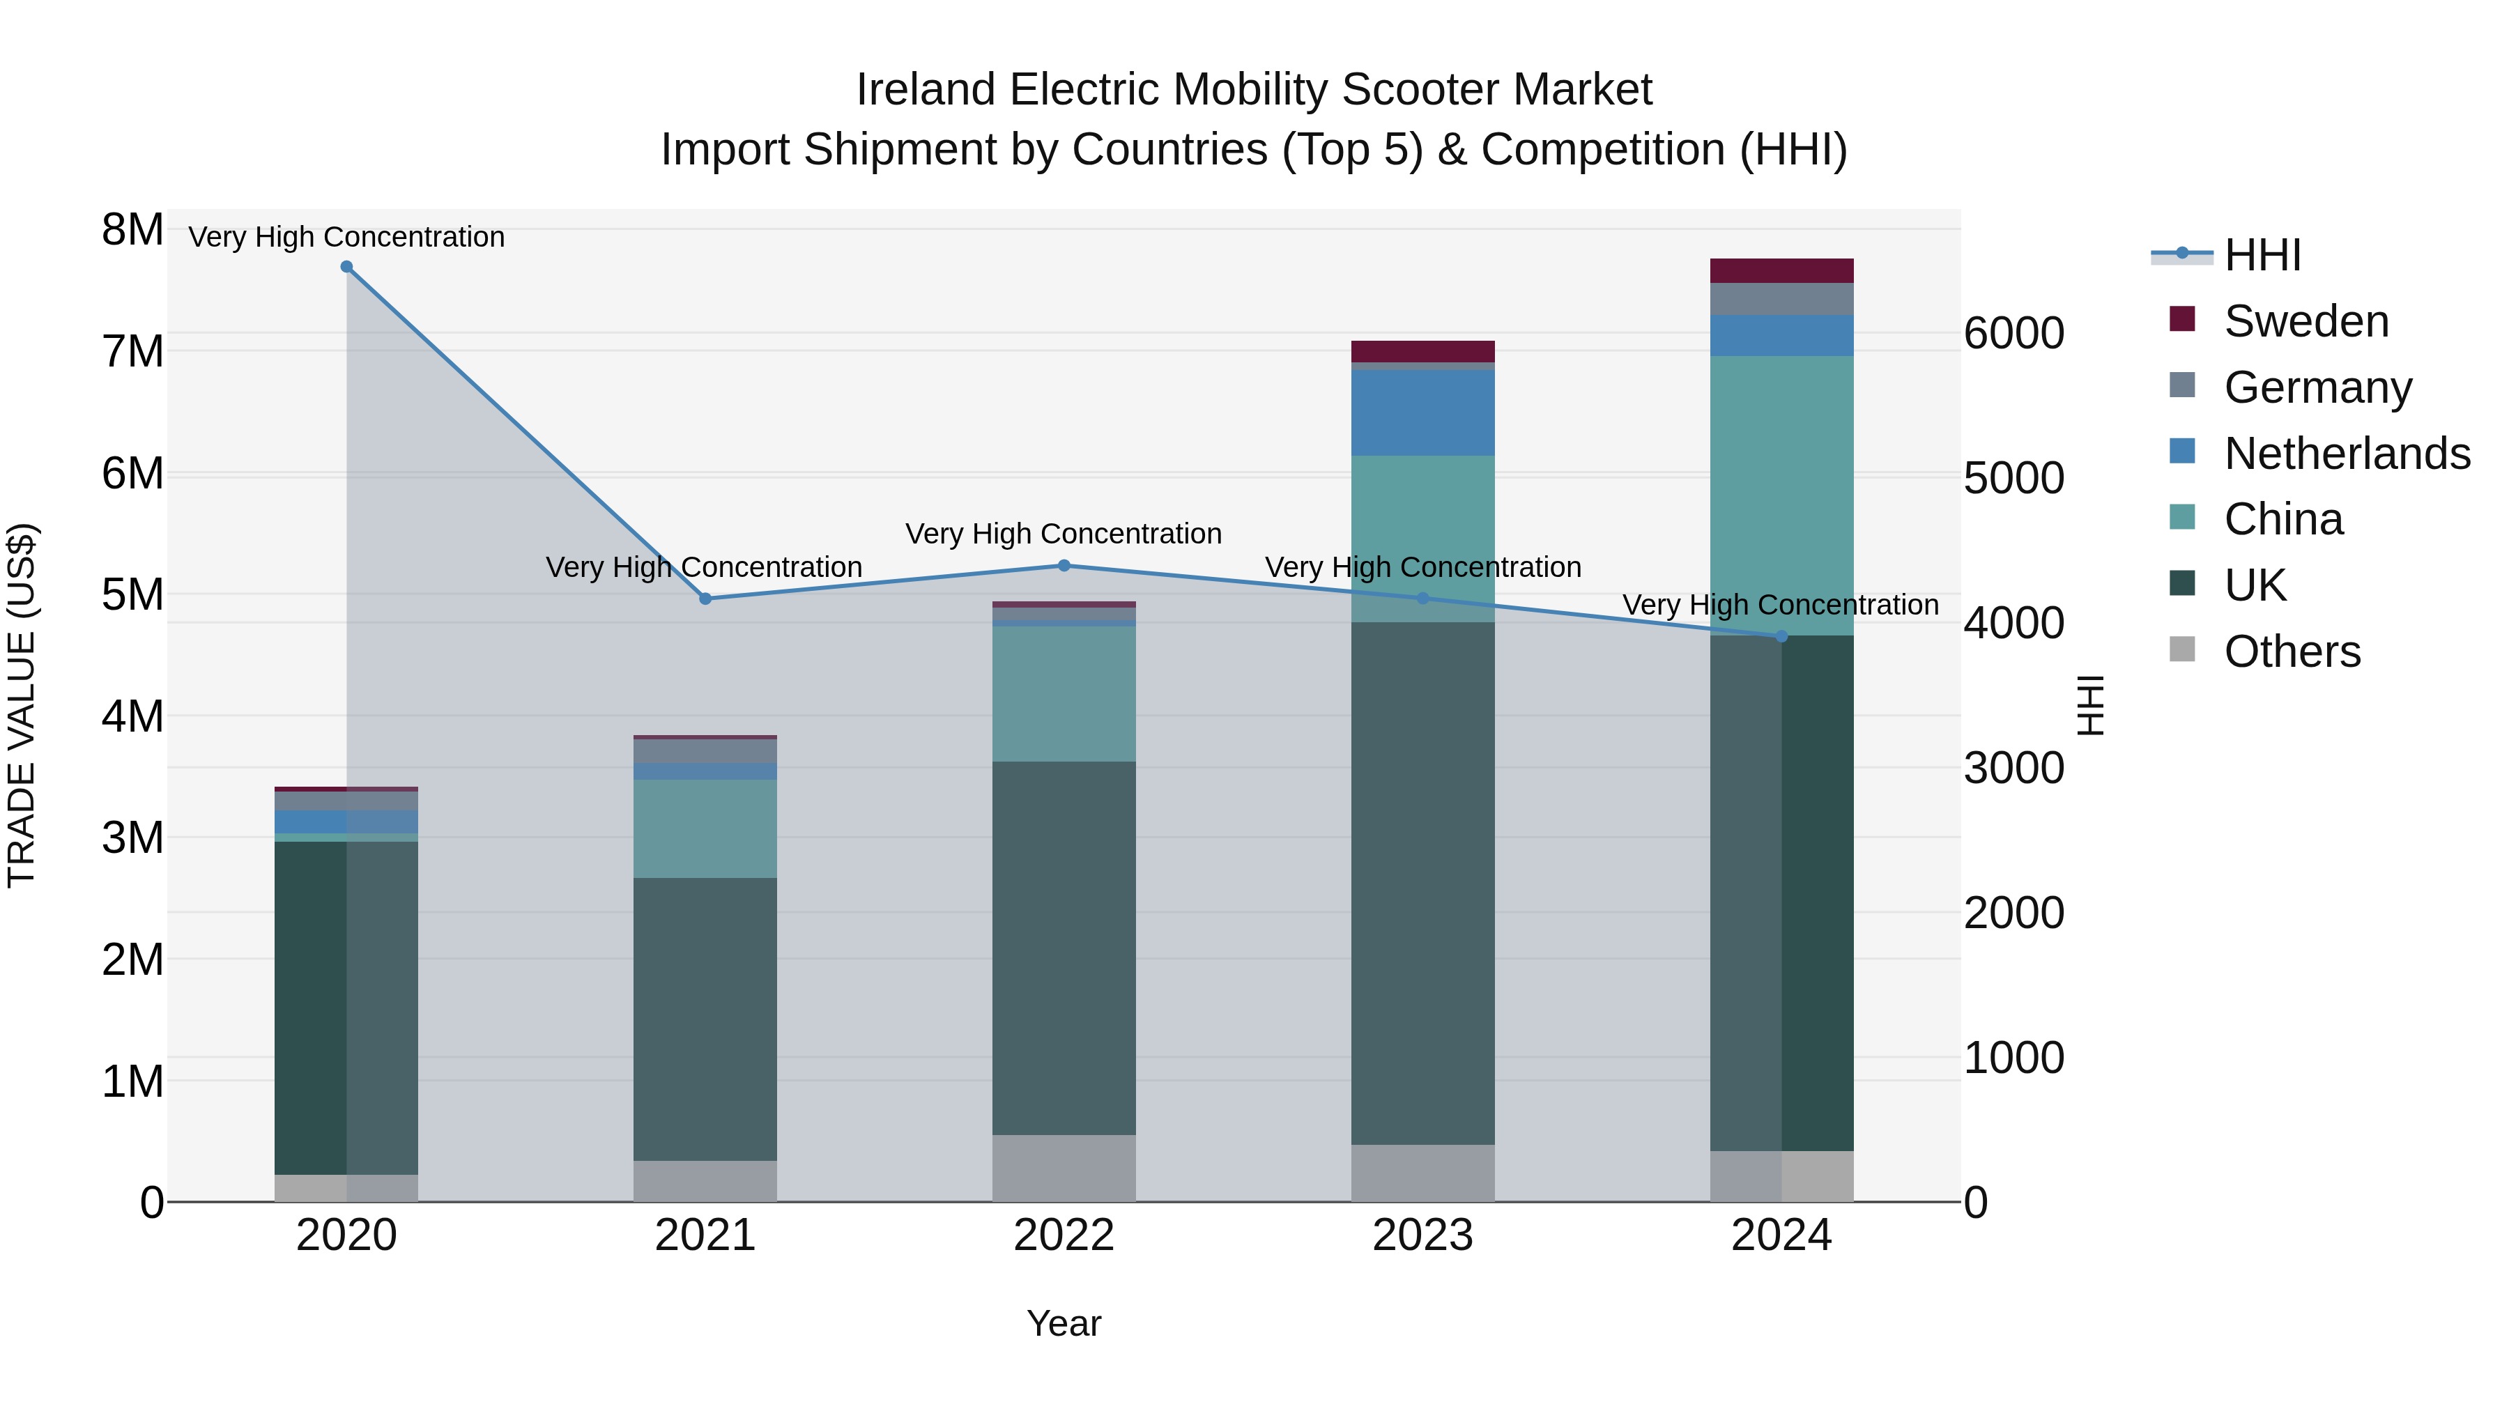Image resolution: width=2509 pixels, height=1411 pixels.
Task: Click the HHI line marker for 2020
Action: point(347,267)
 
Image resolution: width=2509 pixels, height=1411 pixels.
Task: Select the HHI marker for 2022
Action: point(1064,566)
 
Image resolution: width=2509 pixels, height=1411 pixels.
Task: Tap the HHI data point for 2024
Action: point(1781,637)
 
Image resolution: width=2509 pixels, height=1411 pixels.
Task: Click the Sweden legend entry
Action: point(2305,321)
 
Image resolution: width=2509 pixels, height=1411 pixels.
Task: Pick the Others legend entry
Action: point(2292,651)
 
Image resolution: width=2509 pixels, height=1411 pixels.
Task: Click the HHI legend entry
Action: point(2262,255)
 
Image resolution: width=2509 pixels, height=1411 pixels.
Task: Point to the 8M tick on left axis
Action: point(132,231)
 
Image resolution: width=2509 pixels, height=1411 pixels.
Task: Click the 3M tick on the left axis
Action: point(132,838)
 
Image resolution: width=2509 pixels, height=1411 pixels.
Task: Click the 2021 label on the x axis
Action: point(705,1235)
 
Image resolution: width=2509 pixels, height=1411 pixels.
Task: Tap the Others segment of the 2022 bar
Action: point(1064,1168)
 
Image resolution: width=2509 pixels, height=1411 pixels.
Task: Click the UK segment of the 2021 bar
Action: point(705,1019)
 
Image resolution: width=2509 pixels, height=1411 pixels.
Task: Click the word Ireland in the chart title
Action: point(926,91)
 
